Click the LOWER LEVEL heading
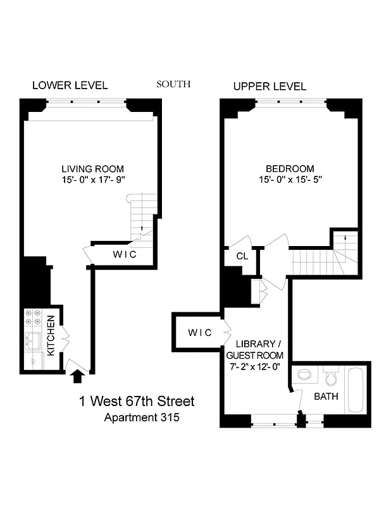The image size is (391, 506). pos(70,85)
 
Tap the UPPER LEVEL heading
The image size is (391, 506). pos(270,86)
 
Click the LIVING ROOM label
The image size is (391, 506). pos(92,169)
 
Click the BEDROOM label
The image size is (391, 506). pos(290,169)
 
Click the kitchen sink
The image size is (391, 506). pos(32,342)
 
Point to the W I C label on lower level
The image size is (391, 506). pos(124,255)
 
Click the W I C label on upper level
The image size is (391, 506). pos(200,333)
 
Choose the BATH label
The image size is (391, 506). pos(326,397)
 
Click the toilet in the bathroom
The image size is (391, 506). pos(328,378)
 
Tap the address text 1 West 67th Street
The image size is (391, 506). pos(137,401)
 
